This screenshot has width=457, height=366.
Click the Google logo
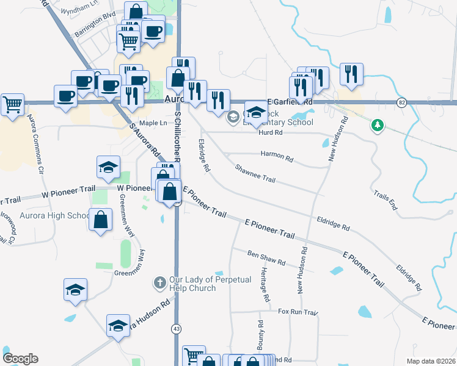20,359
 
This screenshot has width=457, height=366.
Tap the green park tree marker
378,126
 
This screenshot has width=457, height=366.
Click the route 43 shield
176,329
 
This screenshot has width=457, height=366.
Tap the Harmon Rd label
277,156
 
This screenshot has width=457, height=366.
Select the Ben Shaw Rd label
266,257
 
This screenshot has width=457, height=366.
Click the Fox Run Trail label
298,312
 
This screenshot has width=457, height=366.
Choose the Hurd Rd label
270,132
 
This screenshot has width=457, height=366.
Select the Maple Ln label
153,123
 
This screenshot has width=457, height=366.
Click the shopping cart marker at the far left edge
12,104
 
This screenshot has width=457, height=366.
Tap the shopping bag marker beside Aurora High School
100,220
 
